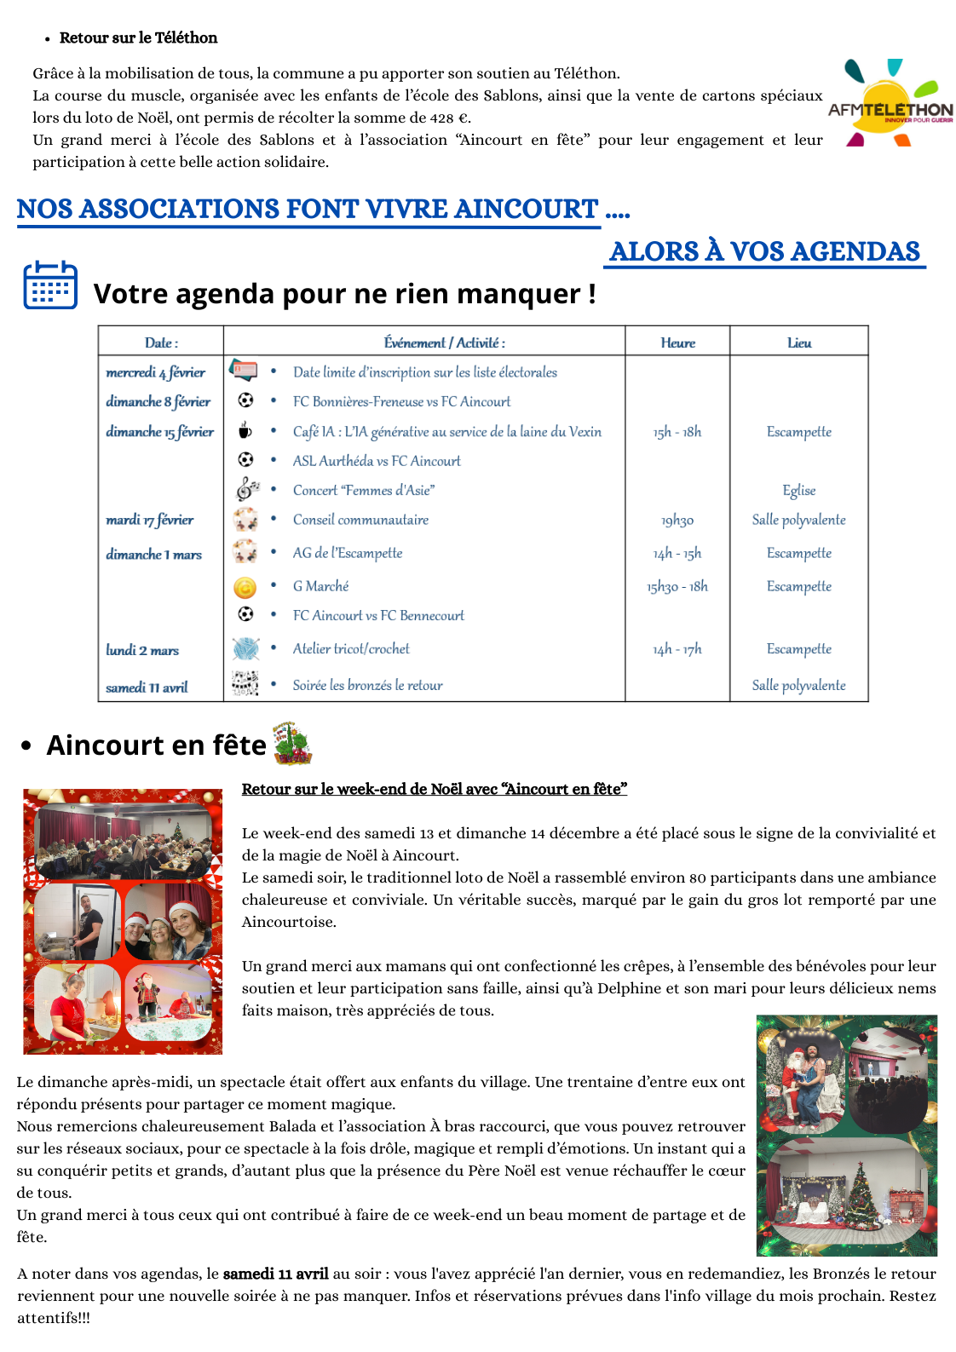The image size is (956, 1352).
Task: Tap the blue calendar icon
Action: pyautogui.click(x=50, y=285)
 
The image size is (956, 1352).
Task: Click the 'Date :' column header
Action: pyautogui.click(x=161, y=342)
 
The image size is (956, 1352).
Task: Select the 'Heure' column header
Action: pyautogui.click(x=677, y=342)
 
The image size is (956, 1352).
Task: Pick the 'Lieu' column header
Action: pyautogui.click(x=799, y=342)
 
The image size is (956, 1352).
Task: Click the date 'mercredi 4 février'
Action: pyautogui.click(x=155, y=372)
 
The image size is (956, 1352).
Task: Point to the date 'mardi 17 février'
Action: pyautogui.click(x=150, y=520)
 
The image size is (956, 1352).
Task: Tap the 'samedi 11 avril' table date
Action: pyautogui.click(x=147, y=687)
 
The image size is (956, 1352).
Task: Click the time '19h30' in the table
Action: pyautogui.click(x=677, y=520)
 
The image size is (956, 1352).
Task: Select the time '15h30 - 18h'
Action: pyautogui.click(x=677, y=586)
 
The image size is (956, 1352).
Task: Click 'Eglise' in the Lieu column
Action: pyautogui.click(x=799, y=490)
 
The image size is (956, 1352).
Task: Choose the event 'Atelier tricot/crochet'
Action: pyautogui.click(x=351, y=649)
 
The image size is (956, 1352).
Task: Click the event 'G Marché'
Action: pyautogui.click(x=320, y=586)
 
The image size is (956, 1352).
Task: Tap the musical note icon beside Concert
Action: pyautogui.click(x=246, y=489)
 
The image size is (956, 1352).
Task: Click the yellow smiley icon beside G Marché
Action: pyautogui.click(x=245, y=587)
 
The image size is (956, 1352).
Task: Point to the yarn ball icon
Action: pyautogui.click(x=245, y=649)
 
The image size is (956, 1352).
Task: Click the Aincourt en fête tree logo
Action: pyautogui.click(x=291, y=743)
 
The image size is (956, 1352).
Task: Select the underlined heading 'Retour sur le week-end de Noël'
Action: pyautogui.click(x=434, y=789)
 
